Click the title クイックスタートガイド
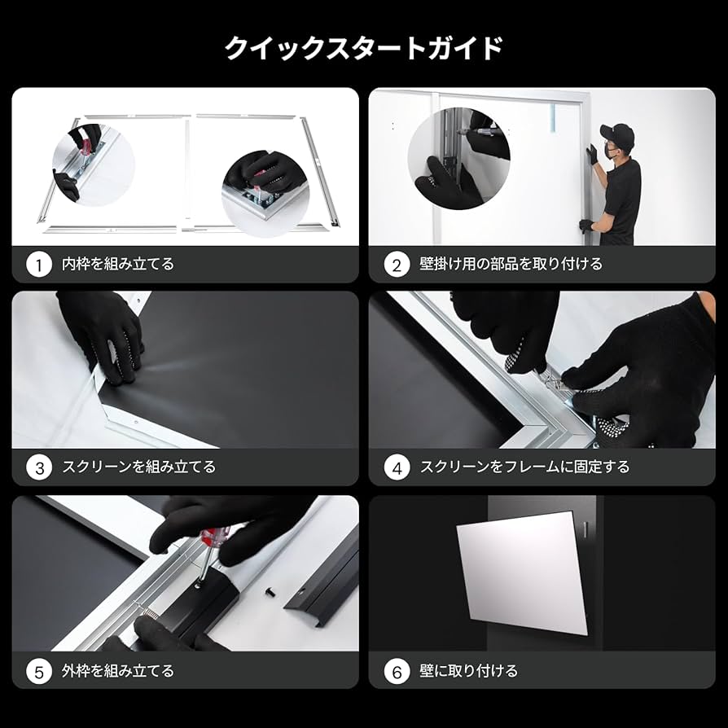click(363, 48)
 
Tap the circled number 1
click(38, 265)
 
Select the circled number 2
click(397, 265)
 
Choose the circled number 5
click(38, 672)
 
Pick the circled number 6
click(397, 672)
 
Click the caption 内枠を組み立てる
click(118, 265)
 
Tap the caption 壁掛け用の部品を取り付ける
click(511, 265)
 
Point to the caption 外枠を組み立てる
click(118, 672)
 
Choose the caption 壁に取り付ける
click(468, 672)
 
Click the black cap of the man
click(617, 132)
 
